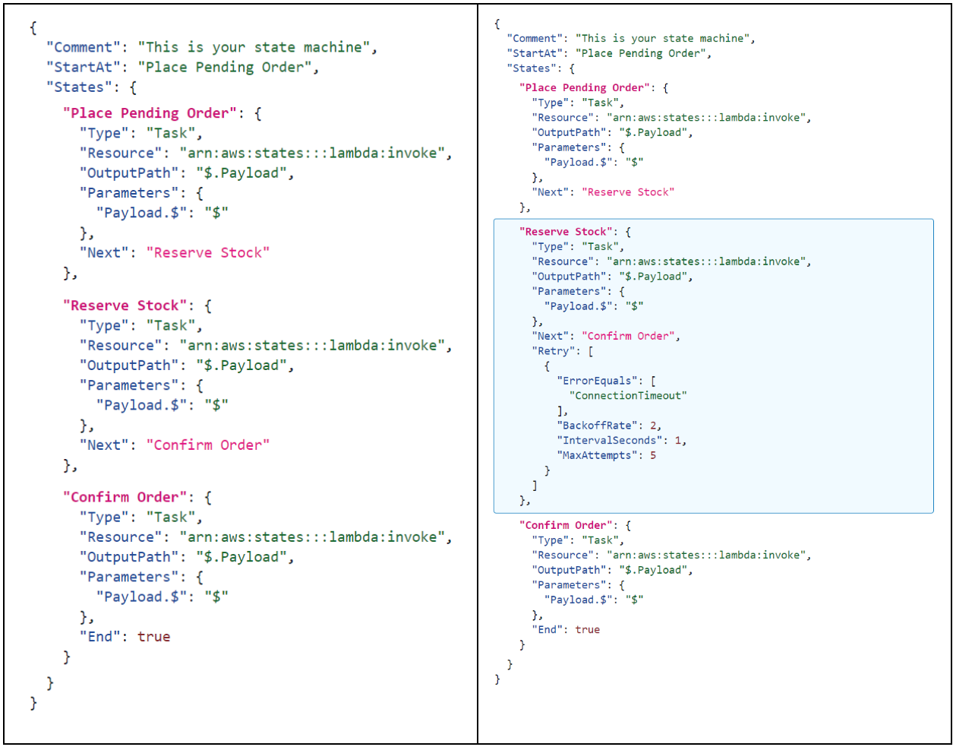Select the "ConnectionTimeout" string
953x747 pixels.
click(x=628, y=396)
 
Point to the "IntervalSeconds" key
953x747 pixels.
click(x=610, y=441)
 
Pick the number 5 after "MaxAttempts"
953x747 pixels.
click(x=653, y=455)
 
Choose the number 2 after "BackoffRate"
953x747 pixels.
click(x=653, y=426)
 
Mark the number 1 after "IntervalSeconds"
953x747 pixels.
click(x=678, y=441)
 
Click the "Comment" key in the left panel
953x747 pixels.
click(x=84, y=47)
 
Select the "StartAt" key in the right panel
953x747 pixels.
click(x=535, y=53)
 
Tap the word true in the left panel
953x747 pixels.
click(x=153, y=637)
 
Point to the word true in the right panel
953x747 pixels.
click(x=588, y=630)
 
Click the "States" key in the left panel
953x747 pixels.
click(x=79, y=87)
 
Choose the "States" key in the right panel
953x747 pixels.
click(x=532, y=68)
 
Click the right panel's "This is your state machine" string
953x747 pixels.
click(x=662, y=39)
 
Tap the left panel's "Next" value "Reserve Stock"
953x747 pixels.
click(x=207, y=253)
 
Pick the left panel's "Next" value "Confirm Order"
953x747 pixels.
click(x=207, y=445)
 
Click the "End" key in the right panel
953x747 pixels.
click(x=548, y=630)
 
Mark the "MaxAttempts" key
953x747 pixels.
click(x=598, y=455)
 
